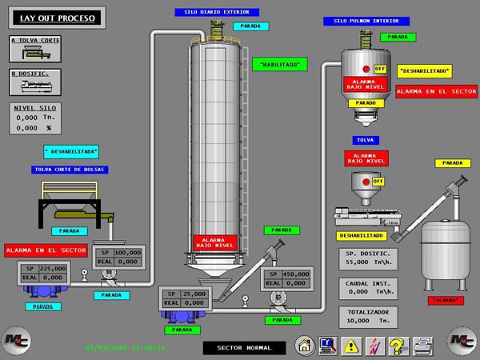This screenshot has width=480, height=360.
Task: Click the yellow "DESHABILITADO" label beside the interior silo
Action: [424, 71]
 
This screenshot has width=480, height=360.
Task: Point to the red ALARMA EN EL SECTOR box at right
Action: [436, 91]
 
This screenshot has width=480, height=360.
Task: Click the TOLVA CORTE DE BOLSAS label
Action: [70, 170]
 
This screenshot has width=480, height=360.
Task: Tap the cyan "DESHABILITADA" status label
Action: [70, 150]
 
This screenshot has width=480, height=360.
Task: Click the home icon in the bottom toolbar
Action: [303, 346]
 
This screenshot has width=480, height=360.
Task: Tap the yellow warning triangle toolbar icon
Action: [350, 346]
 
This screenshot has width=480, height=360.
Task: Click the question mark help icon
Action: [395, 346]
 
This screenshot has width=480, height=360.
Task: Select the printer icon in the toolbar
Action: [418, 346]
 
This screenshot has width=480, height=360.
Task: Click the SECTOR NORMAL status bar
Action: [242, 348]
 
